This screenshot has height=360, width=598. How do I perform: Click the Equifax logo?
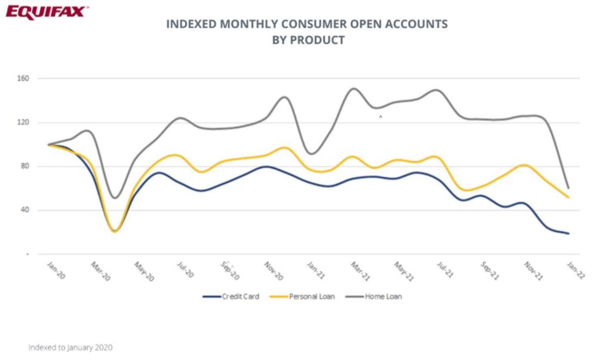(x=45, y=11)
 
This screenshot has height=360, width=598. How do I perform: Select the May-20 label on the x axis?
(x=144, y=272)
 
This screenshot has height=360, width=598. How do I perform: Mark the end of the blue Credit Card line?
(x=569, y=233)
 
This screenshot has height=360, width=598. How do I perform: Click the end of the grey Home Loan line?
(x=569, y=188)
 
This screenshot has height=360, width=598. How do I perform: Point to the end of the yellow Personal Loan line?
(x=569, y=197)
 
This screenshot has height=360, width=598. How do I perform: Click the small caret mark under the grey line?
(x=381, y=116)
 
